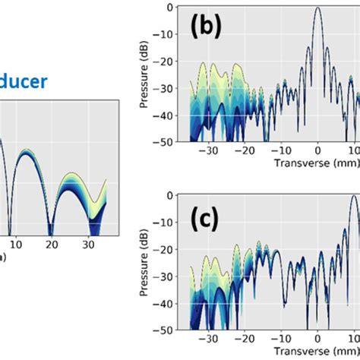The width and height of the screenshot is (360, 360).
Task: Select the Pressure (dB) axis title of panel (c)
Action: (146, 267)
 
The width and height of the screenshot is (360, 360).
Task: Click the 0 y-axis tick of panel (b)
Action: (169, 8)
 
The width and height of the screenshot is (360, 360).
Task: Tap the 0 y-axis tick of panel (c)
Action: (169, 196)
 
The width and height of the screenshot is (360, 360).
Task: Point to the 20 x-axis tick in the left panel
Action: (50, 246)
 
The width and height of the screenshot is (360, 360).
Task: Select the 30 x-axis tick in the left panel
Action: (88, 246)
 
